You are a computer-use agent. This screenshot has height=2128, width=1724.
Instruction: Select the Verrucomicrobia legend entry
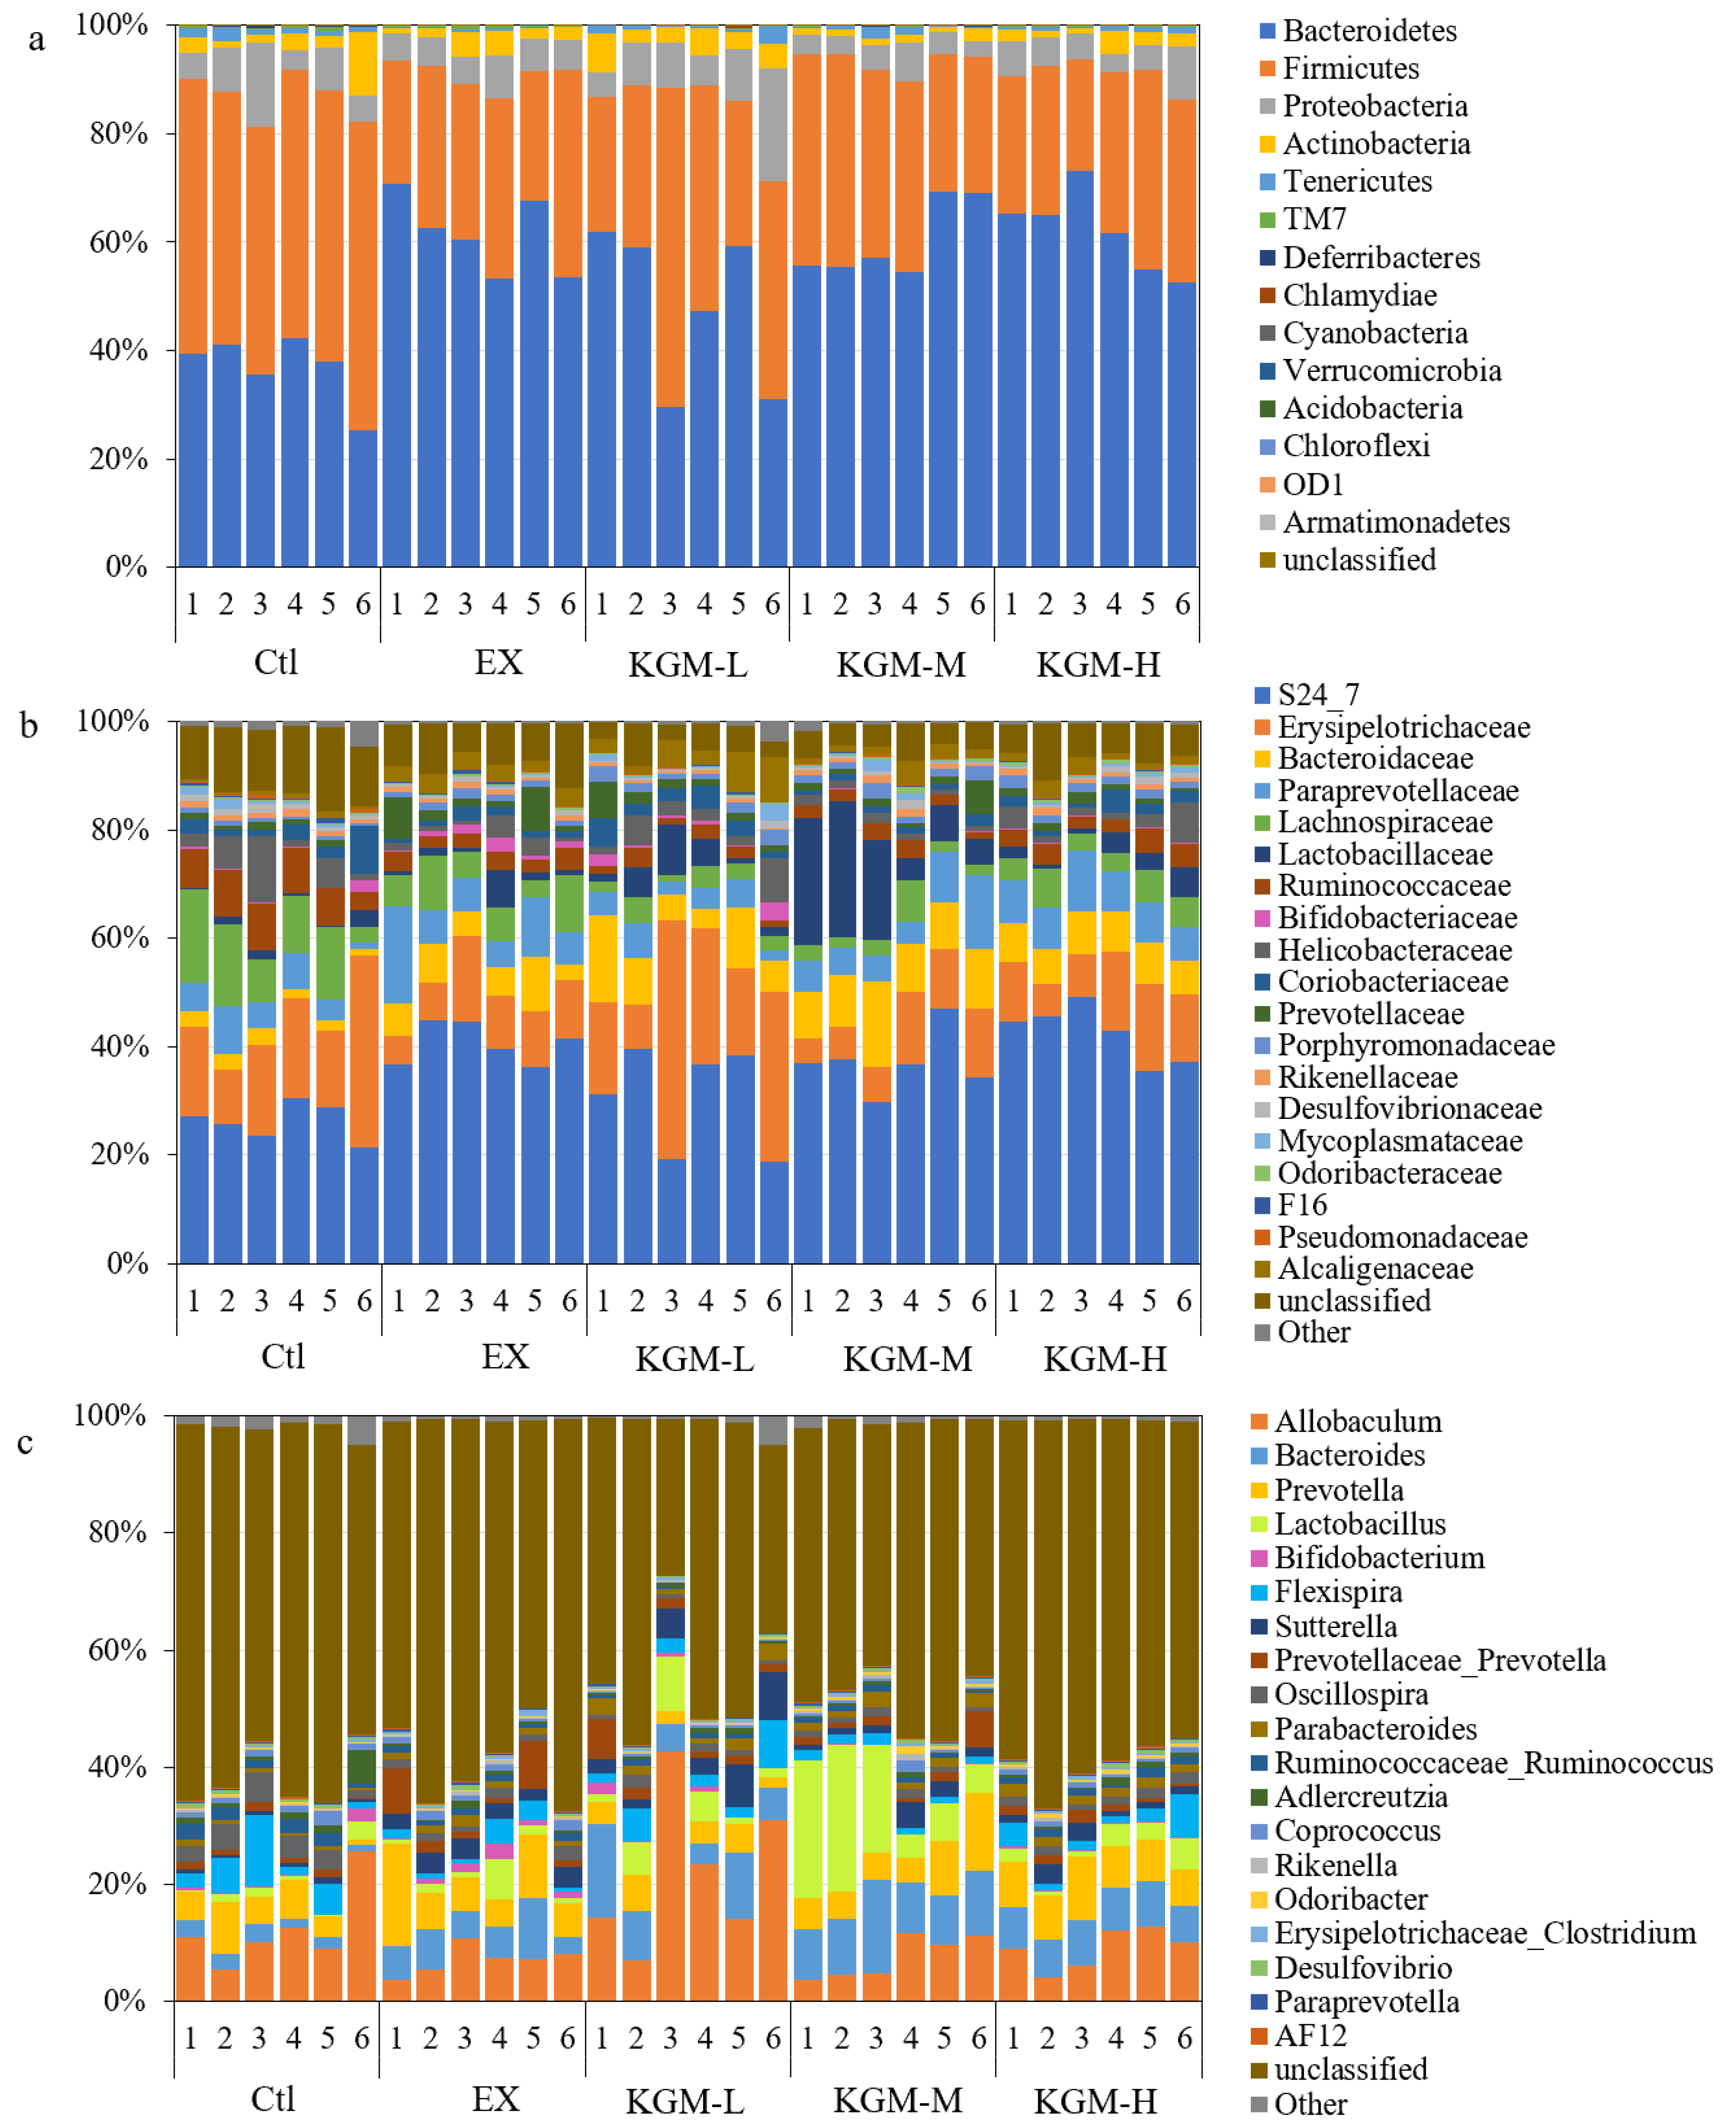(1390, 370)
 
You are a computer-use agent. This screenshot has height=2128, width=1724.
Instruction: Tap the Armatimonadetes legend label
(1395, 522)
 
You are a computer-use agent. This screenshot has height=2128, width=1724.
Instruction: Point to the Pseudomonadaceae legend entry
(1400, 1237)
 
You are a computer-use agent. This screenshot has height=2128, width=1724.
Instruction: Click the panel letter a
(37, 40)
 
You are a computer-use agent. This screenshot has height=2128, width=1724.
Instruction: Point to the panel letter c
(26, 1442)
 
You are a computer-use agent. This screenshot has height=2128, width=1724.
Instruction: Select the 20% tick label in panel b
(119, 1155)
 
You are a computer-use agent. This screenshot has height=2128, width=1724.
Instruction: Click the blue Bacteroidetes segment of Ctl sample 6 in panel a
(363, 496)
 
